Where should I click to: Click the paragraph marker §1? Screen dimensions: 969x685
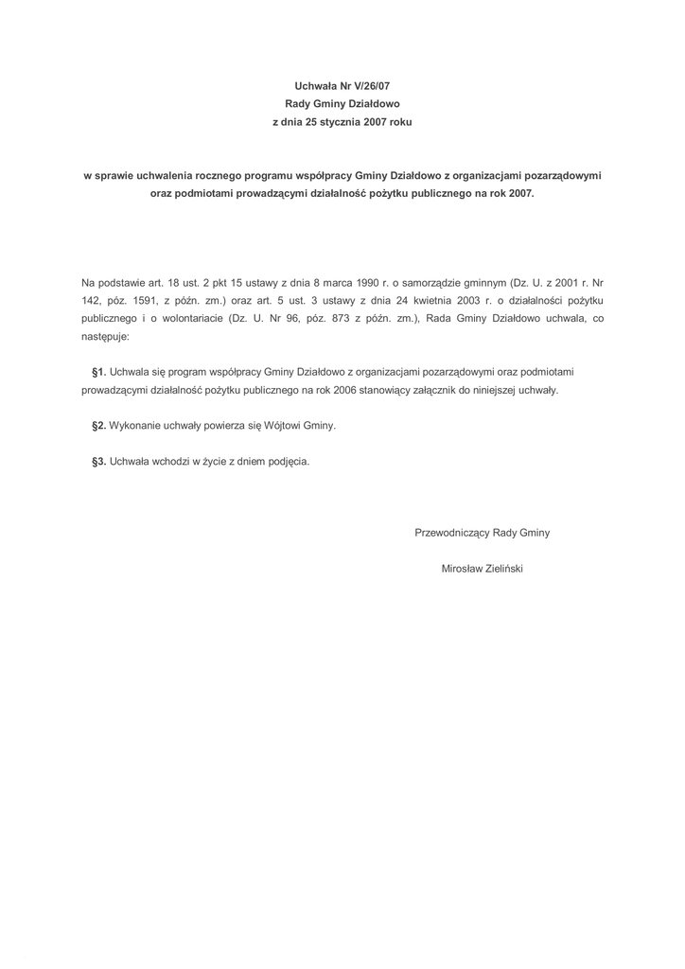pyautogui.click(x=98, y=372)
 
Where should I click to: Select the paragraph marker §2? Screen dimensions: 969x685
pyautogui.click(x=98, y=426)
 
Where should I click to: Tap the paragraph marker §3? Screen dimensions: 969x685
pyautogui.click(x=98, y=462)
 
